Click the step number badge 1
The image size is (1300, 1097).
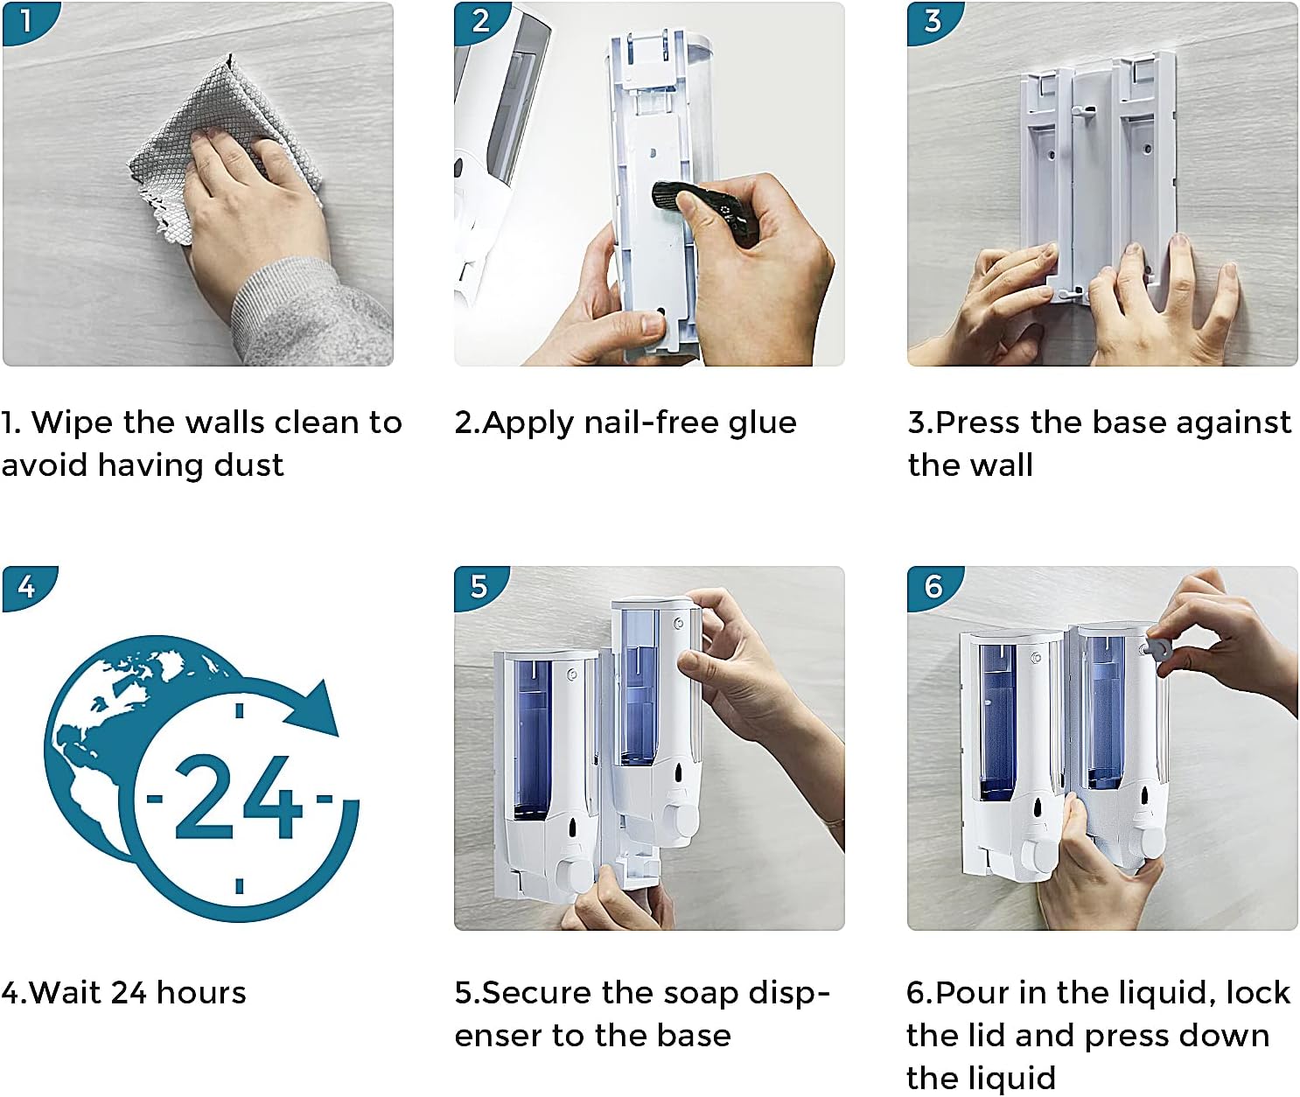[25, 19]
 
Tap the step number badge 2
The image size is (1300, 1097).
[479, 19]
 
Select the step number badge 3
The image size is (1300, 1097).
[933, 19]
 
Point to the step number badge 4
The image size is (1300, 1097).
[26, 585]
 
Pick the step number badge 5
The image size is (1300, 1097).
[479, 585]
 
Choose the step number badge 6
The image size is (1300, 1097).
[933, 585]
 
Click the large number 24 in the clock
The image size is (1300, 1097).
[238, 798]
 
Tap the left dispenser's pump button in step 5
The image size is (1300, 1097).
[575, 872]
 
